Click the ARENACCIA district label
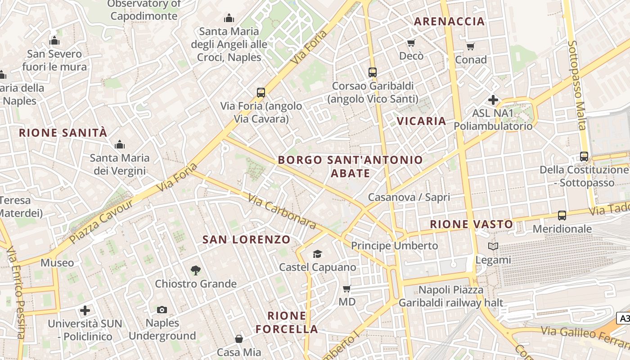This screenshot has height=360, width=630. coord(449,21)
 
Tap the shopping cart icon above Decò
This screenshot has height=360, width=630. coord(411,43)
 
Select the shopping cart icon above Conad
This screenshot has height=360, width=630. coord(471,46)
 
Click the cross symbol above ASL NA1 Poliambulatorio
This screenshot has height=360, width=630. coord(493,100)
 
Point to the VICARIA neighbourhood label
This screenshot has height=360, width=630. coord(422,121)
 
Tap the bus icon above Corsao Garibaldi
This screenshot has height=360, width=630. coord(372,72)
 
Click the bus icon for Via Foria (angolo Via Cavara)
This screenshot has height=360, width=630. coord(261,93)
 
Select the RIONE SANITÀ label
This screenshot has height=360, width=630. coord(63,133)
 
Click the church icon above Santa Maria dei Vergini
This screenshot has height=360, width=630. coord(119,145)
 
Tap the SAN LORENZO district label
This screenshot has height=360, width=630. coord(247,239)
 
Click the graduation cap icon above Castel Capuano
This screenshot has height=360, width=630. coord(318,254)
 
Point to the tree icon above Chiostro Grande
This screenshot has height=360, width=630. coord(195,270)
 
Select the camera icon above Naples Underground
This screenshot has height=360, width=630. coord(162,310)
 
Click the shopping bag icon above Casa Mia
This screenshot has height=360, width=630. coord(238,339)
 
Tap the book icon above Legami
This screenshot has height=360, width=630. coord(493,247)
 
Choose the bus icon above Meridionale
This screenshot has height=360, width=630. coord(562,216)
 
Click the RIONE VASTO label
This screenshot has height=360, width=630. coord(471,224)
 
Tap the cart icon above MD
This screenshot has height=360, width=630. coord(346,288)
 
